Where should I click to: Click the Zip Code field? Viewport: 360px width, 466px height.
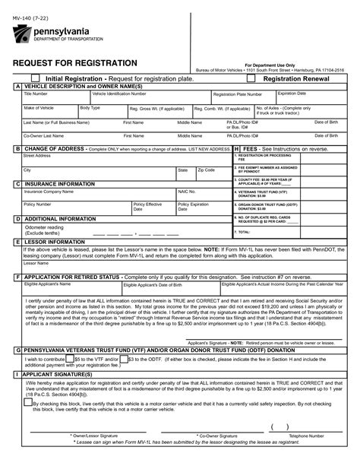[213, 174]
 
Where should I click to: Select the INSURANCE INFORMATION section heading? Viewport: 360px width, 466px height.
[60, 184]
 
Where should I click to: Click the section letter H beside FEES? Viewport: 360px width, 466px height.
[237, 149]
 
